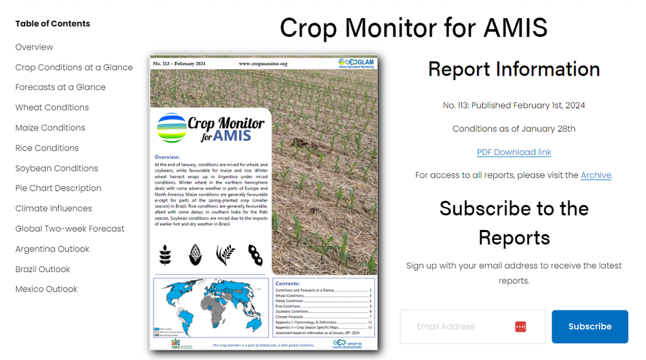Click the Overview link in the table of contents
(x=34, y=47)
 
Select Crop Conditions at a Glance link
(x=74, y=67)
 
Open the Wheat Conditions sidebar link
(x=52, y=107)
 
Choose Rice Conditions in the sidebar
(x=47, y=148)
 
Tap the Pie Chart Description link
(x=58, y=188)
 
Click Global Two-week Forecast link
(x=70, y=229)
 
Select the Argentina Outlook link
(x=52, y=249)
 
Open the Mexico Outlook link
(x=47, y=289)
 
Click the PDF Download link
(x=514, y=152)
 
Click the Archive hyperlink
(x=595, y=175)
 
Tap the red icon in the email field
(x=521, y=326)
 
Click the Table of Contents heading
(x=52, y=24)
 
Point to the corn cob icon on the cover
(x=195, y=254)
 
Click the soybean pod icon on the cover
(x=256, y=254)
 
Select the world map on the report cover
(x=210, y=307)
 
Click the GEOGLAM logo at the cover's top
(x=357, y=63)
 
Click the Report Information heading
(x=514, y=69)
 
